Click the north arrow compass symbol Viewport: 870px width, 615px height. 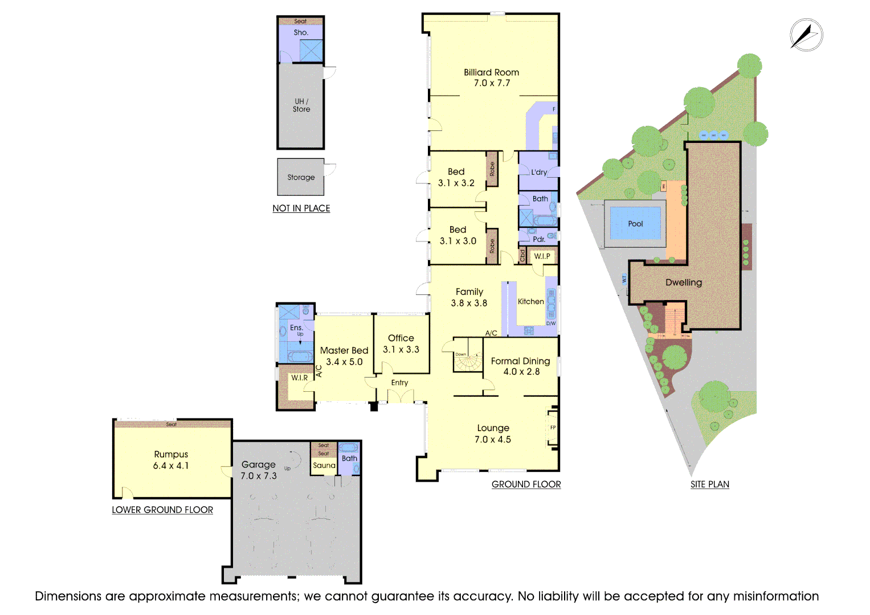[806, 35]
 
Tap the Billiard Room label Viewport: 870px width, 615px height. [491, 77]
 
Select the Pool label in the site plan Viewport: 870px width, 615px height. [635, 224]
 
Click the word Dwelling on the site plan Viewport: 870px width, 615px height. [684, 282]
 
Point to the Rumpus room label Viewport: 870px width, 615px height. [171, 460]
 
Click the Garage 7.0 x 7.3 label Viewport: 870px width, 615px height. [259, 470]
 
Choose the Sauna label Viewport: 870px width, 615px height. [324, 465]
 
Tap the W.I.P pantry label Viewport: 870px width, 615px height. [542, 256]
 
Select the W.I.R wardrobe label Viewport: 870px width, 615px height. [299, 378]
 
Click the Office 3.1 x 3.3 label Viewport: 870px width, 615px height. [401, 343]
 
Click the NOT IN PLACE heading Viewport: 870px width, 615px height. [301, 208]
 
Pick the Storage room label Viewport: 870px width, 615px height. [301, 177]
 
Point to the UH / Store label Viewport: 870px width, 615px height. [301, 105]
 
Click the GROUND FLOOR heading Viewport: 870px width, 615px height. [526, 484]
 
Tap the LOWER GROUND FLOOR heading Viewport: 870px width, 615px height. [162, 510]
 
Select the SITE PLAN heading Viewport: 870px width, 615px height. [709, 484]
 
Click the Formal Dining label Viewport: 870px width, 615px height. [521, 366]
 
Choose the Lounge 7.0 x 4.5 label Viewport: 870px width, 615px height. [493, 433]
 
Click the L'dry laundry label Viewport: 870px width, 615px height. [539, 172]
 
